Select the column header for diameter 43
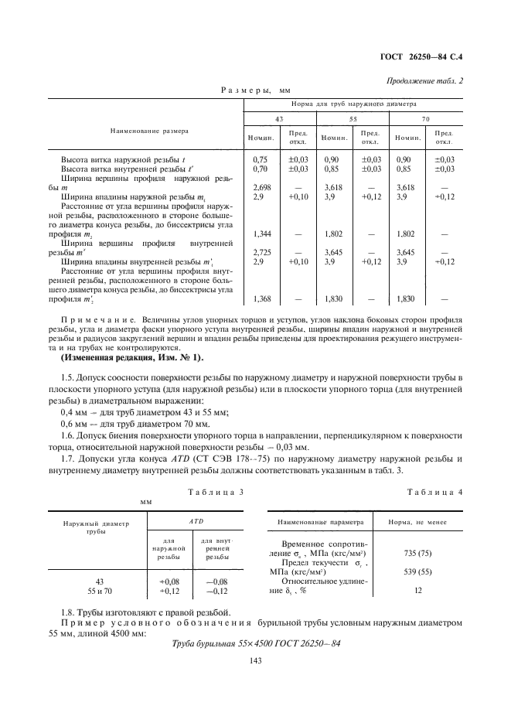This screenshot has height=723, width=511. click(x=257, y=119)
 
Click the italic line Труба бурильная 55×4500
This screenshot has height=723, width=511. click(x=254, y=643)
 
